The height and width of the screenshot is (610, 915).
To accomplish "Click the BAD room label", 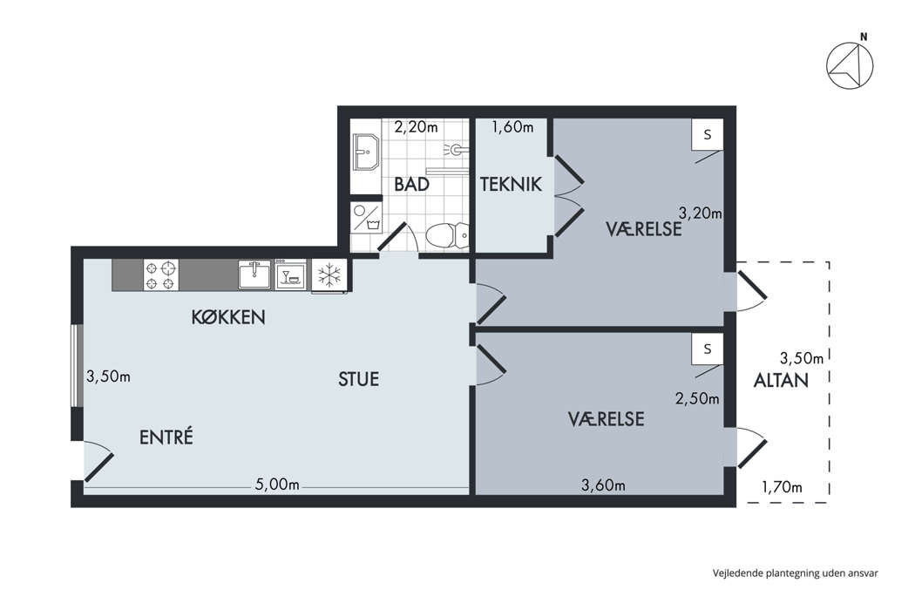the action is pyautogui.click(x=411, y=185).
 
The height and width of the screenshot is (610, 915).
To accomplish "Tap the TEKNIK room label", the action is pyautogui.click(x=511, y=185).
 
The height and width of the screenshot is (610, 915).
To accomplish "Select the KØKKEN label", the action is pyautogui.click(x=228, y=317).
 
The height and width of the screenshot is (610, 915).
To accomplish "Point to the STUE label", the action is pyautogui.click(x=358, y=379).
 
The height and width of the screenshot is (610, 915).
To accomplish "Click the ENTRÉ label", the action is pyautogui.click(x=166, y=437).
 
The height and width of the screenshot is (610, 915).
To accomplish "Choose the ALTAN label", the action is pyautogui.click(x=781, y=381).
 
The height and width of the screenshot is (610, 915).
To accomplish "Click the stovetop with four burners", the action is pyautogui.click(x=161, y=275).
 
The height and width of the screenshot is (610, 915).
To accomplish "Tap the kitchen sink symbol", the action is pyautogui.click(x=254, y=275).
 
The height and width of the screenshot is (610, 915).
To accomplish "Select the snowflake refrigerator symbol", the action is pyautogui.click(x=329, y=275).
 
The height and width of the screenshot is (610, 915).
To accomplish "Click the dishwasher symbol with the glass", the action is pyautogui.click(x=290, y=275).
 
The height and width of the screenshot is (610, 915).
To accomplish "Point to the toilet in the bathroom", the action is pyautogui.click(x=447, y=235).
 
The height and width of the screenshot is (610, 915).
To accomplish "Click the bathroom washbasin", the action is pyautogui.click(x=366, y=152).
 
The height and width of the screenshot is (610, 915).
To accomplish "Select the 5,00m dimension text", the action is pyautogui.click(x=277, y=485).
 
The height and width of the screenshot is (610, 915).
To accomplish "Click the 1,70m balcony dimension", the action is pyautogui.click(x=782, y=487).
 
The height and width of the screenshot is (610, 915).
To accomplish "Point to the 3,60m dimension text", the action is pyautogui.click(x=603, y=485).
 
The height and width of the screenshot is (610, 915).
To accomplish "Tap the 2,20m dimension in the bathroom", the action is pyautogui.click(x=416, y=126).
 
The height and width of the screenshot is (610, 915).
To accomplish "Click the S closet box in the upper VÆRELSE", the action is pyautogui.click(x=708, y=135).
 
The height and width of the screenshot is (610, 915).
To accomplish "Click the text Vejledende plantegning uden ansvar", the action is pyautogui.click(x=796, y=573).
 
